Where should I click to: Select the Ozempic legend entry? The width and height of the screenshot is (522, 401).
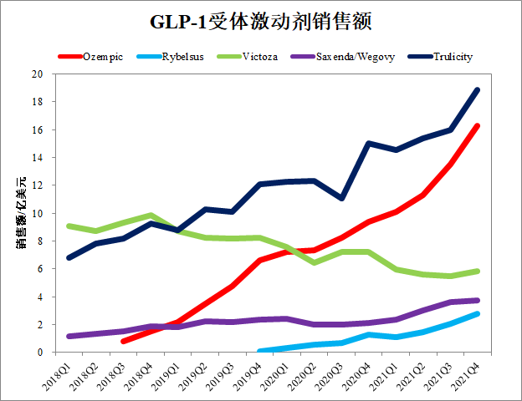101,57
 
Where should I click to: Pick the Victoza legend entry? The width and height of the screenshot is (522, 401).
267,57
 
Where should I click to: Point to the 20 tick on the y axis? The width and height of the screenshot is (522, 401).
37,74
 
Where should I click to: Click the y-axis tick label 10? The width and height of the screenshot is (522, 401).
37,213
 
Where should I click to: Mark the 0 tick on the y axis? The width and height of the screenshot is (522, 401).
40,352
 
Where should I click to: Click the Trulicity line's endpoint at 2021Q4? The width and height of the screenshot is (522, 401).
477,90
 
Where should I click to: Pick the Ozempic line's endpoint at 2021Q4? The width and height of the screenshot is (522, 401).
477,126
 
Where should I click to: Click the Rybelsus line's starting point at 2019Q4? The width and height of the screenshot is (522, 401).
259,351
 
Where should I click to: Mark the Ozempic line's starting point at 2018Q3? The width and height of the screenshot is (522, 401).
123,341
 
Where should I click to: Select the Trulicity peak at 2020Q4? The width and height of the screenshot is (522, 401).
368,144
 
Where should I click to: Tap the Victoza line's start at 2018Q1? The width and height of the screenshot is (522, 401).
69,226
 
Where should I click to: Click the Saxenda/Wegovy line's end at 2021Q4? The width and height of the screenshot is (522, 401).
477,300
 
